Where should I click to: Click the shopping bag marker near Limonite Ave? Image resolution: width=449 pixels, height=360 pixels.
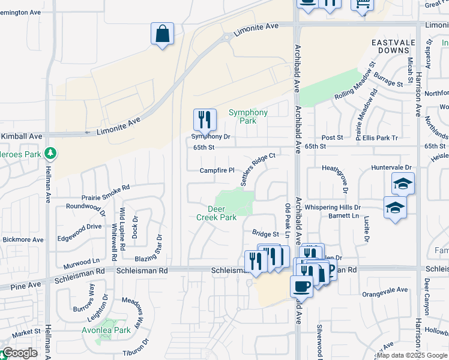(163, 34)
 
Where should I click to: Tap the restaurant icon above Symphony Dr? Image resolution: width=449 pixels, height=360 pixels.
(205, 121)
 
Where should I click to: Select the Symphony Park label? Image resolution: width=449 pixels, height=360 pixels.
(249, 116)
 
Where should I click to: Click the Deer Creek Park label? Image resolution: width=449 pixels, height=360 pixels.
(216, 213)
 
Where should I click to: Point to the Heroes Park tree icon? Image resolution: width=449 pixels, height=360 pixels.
(51, 154)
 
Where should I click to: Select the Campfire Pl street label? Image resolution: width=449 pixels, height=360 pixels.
(217, 170)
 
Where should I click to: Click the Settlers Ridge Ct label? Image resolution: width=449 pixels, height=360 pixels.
(258, 169)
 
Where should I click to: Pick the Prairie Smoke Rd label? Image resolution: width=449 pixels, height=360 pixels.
(106, 192)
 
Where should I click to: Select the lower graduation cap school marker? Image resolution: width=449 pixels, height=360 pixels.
(394, 208)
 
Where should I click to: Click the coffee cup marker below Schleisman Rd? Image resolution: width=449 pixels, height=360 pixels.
(301, 286)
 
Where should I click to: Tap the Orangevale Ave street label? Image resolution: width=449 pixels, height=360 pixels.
(385, 290)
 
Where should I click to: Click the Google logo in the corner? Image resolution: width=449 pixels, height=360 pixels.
(20, 353)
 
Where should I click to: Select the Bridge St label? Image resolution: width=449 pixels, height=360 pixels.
(265, 233)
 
